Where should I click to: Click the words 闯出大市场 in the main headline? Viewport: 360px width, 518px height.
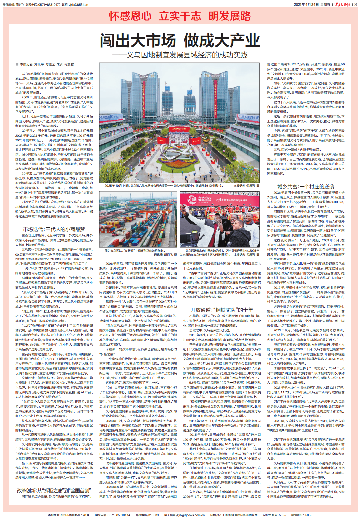(x=138, y=41)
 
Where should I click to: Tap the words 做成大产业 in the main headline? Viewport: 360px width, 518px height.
(x=222, y=41)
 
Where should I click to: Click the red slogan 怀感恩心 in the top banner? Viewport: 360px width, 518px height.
(x=130, y=16)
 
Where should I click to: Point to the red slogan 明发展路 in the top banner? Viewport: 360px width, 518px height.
(x=230, y=16)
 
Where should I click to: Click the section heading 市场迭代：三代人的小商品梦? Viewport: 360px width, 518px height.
(x=54, y=229)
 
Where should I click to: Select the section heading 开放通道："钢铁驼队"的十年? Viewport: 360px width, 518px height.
(x=222, y=310)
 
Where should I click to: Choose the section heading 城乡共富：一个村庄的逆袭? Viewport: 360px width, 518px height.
(x=306, y=187)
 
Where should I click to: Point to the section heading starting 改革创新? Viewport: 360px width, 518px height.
(x=54, y=490)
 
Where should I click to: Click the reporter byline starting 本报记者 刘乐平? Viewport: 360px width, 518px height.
(x=47, y=64)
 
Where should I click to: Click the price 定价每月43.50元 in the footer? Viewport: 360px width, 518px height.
(x=274, y=515)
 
